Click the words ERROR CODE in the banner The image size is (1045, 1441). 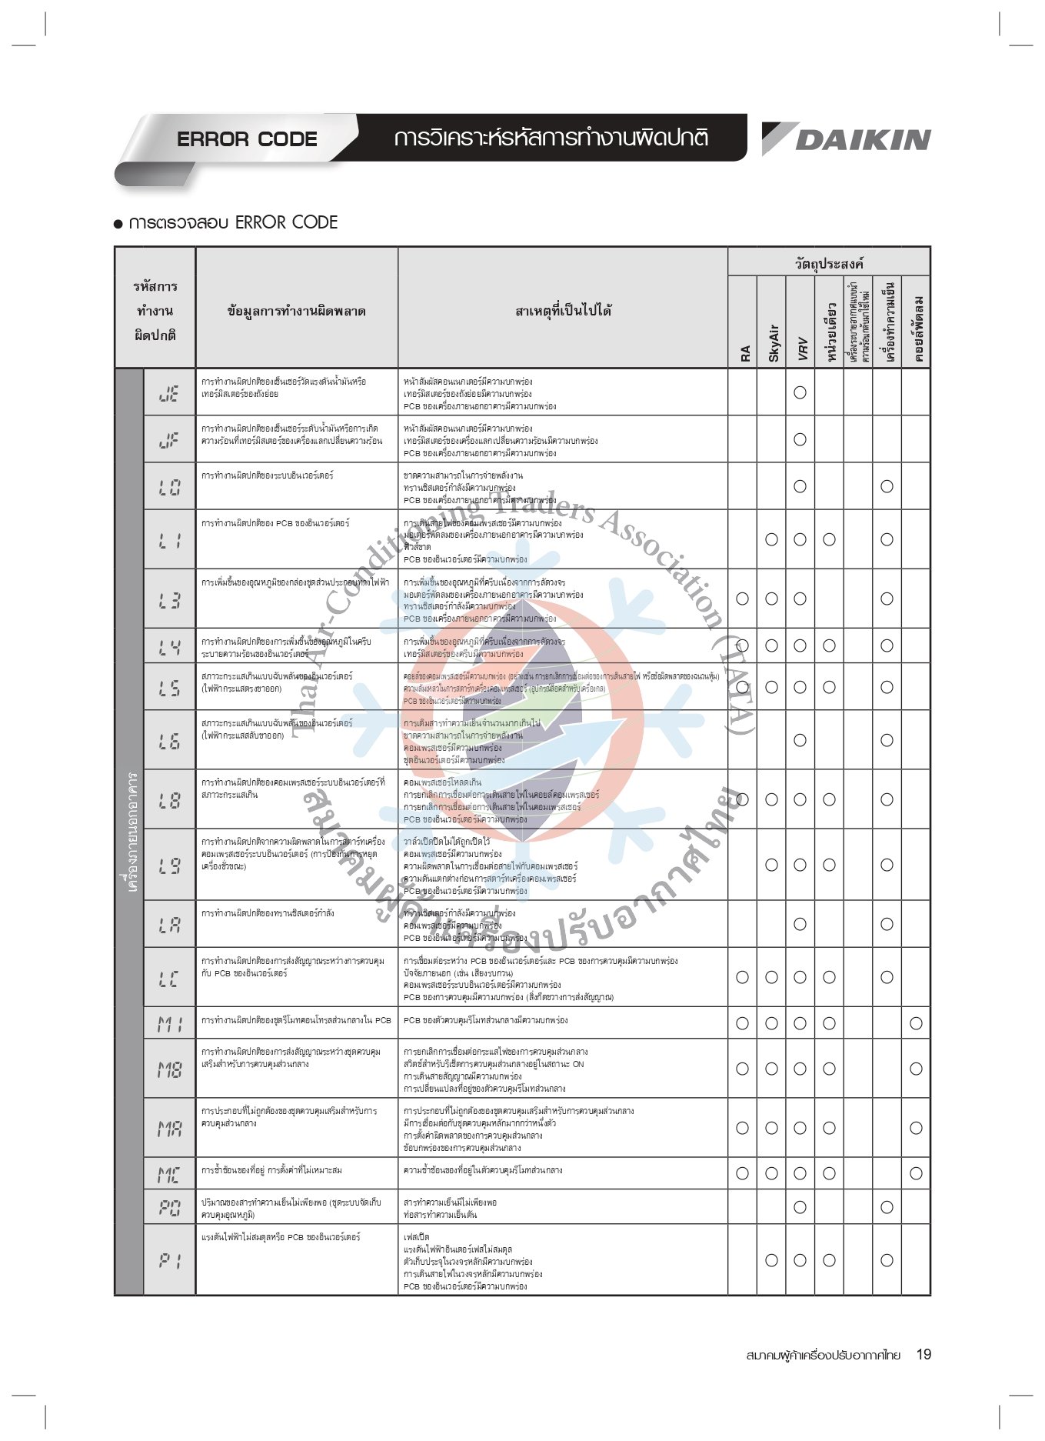[247, 139]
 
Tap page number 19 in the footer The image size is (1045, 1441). [924, 1354]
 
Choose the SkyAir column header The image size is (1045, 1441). [773, 342]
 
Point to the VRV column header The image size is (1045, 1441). [801, 348]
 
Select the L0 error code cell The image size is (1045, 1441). [169, 487]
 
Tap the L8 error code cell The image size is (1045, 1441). [169, 800]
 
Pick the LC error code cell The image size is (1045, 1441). [169, 978]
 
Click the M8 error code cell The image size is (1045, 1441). [169, 1069]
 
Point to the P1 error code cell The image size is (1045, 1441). [169, 1260]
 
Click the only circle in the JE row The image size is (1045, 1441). [800, 392]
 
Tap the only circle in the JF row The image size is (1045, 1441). [800, 439]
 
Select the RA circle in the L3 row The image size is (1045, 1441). [742, 599]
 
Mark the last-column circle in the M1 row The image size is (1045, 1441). [916, 1023]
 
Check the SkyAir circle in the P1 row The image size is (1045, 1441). [771, 1260]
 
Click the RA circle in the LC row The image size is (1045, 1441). [742, 977]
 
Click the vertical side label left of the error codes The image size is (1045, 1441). [131, 831]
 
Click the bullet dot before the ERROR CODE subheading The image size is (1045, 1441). [118, 224]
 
